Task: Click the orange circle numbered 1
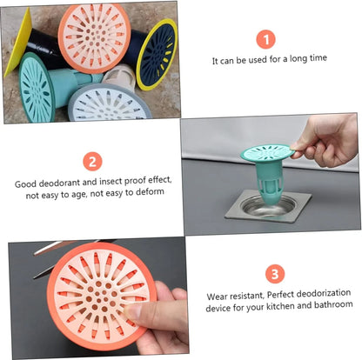265,39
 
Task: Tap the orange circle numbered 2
92,161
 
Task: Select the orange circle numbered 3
275,274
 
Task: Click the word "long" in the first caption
298,59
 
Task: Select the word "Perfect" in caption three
281,294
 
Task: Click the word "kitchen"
281,306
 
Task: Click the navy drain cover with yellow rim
157,54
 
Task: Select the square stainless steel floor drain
268,205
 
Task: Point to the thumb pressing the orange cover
145,312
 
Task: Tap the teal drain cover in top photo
37,88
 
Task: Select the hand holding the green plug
328,142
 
